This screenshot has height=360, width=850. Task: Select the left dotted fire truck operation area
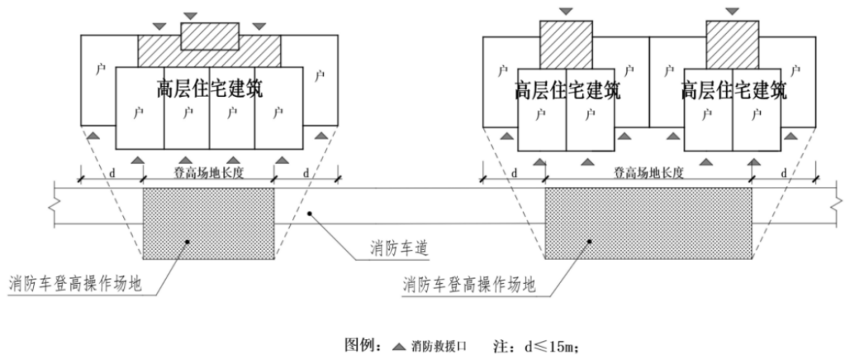[x=208, y=224]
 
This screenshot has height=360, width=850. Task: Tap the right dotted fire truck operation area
[x=648, y=224]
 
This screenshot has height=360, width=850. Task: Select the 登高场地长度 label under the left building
[x=208, y=173]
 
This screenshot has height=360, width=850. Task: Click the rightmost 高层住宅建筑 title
[x=733, y=90]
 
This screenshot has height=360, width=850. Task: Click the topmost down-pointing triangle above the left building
[x=190, y=14]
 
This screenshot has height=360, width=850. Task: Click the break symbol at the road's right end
[x=838, y=206]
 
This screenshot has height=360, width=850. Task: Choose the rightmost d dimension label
[x=784, y=173]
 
